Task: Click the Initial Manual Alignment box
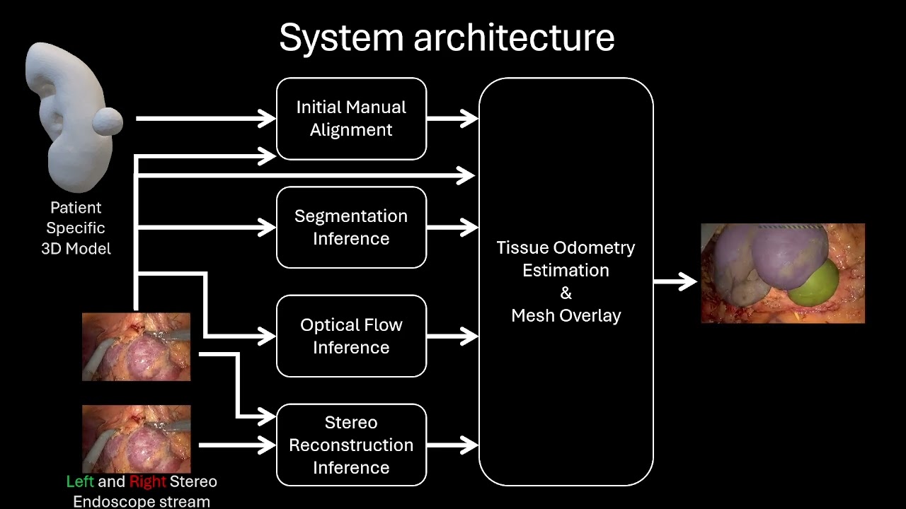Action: [351, 119]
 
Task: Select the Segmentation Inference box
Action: [351, 228]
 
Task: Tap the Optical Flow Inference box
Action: [351, 337]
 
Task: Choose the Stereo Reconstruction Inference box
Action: [351, 445]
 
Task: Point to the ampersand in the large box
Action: [566, 293]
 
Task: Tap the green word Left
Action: [80, 481]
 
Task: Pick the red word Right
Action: [147, 481]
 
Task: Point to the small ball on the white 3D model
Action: [108, 122]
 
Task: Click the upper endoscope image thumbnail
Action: [137, 347]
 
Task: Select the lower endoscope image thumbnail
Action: [137, 438]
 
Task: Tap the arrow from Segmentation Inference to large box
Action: [453, 228]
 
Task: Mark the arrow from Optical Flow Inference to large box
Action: [453, 337]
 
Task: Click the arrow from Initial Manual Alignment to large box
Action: [453, 119]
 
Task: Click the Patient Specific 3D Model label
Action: [76, 228]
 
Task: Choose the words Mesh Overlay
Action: [566, 315]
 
